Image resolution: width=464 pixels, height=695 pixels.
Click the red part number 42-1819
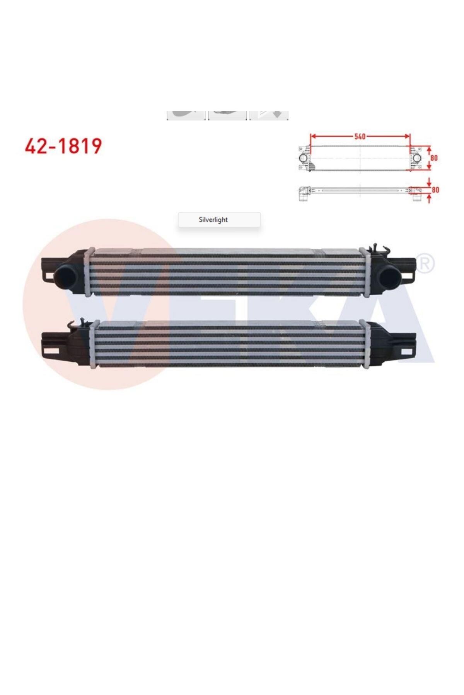(x=63, y=146)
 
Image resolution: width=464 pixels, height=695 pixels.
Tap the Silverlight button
(x=219, y=220)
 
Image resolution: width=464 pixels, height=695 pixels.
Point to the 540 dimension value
(x=360, y=136)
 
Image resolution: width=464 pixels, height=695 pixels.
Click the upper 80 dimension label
(x=434, y=158)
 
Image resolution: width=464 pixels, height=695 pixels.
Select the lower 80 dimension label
(x=435, y=190)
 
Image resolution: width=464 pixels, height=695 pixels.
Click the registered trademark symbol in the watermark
(x=424, y=264)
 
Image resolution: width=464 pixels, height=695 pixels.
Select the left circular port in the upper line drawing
(x=304, y=158)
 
